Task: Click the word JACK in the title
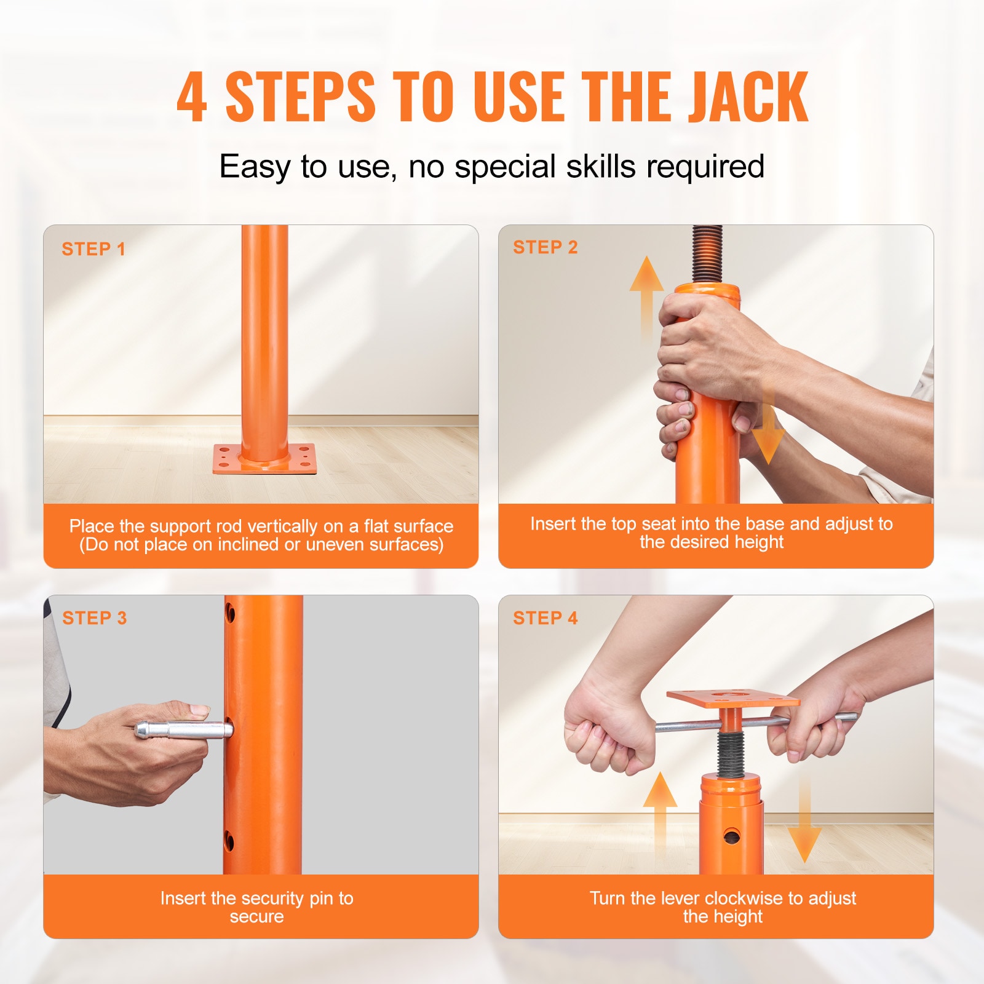click(747, 97)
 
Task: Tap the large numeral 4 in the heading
click(191, 97)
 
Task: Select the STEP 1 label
click(93, 249)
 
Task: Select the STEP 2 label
click(546, 247)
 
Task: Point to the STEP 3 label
click(95, 618)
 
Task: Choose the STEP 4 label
click(546, 618)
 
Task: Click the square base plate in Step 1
click(264, 460)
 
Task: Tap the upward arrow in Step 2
click(646, 295)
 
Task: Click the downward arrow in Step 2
click(768, 430)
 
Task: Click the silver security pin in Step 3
click(183, 731)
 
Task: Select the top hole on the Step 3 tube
click(230, 613)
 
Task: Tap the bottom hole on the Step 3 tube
click(229, 840)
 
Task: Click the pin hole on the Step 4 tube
click(731, 836)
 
